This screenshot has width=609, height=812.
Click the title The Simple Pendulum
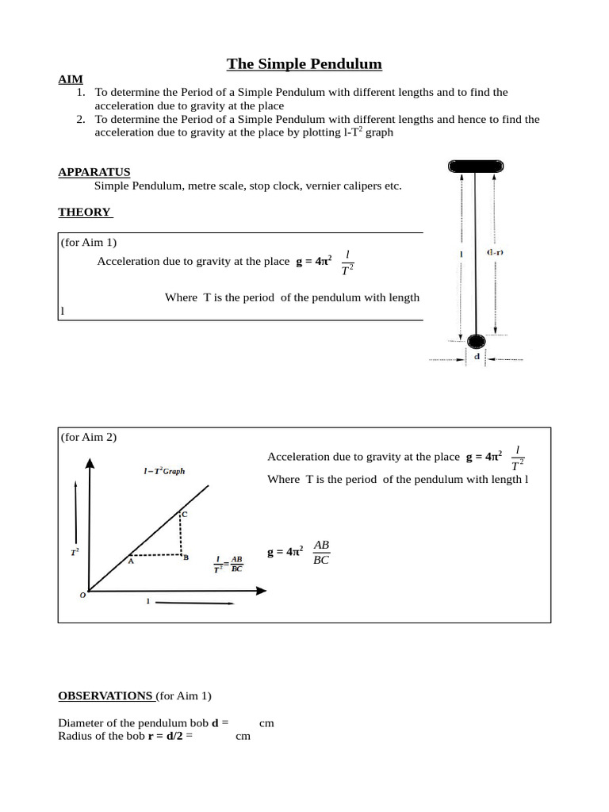pyautogui.click(x=304, y=63)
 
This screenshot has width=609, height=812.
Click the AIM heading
pyautogui.click(x=70, y=79)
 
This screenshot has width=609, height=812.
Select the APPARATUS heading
pyautogui.click(x=94, y=172)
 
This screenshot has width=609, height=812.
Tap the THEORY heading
pyautogui.click(x=85, y=212)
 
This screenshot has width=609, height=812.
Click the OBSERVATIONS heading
pyautogui.click(x=105, y=695)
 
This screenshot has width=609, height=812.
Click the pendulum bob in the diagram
pyautogui.click(x=476, y=342)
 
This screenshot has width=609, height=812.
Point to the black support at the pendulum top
pyautogui.click(x=475, y=165)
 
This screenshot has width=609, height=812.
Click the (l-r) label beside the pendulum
pyautogui.click(x=495, y=253)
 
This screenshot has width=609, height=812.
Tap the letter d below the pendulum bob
pyautogui.click(x=477, y=357)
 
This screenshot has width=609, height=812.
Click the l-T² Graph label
pyautogui.click(x=164, y=470)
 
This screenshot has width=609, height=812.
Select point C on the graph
pyautogui.click(x=184, y=514)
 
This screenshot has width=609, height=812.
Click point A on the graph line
pyautogui.click(x=131, y=561)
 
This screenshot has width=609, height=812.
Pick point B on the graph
pyautogui.click(x=185, y=557)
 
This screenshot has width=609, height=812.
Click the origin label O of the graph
pyautogui.click(x=82, y=595)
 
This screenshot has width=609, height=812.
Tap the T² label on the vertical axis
pyautogui.click(x=75, y=550)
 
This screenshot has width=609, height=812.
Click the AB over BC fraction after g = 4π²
pyautogui.click(x=321, y=552)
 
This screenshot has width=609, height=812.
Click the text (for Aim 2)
pyautogui.click(x=89, y=437)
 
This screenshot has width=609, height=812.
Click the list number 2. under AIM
pyautogui.click(x=81, y=119)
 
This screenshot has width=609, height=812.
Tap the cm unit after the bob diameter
pyautogui.click(x=266, y=723)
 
